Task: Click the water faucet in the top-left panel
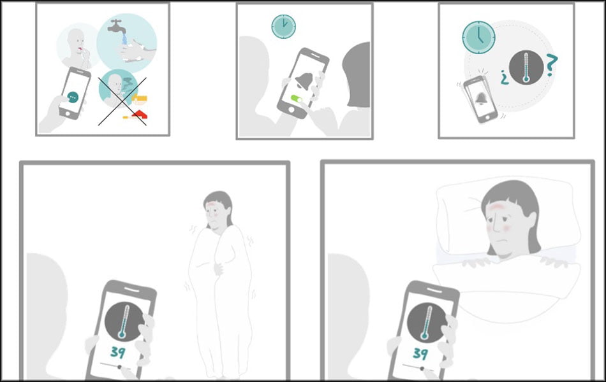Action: pos(117,25)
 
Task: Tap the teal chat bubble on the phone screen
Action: pos(73,97)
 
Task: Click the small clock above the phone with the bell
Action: pos(284,26)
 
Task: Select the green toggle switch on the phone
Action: pos(297,99)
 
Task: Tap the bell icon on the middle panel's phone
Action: pos(304,81)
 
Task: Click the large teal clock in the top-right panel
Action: pos(478,37)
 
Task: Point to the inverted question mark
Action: pos(503,78)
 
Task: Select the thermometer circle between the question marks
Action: pos(526,67)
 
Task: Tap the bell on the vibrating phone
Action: pos(481,99)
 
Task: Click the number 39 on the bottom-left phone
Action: pos(117,351)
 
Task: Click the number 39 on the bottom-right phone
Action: pos(420,353)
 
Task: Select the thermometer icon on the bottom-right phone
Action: pos(425,323)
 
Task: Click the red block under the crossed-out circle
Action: pos(140,114)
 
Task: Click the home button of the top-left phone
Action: pos(68,113)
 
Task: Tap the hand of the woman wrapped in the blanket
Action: pos(219,269)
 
